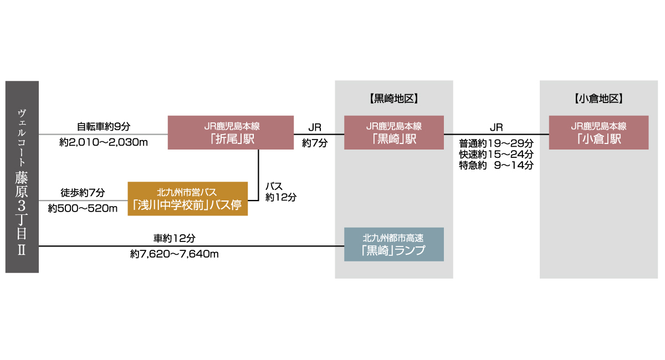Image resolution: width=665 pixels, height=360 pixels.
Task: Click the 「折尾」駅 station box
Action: [230, 132]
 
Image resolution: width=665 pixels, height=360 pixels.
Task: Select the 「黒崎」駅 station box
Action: [393, 132]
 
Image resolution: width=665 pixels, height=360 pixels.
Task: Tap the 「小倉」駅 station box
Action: [598, 132]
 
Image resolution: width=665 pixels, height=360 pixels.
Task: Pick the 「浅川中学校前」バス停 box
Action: [187, 199]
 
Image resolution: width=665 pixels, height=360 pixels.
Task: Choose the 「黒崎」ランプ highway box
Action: [393, 244]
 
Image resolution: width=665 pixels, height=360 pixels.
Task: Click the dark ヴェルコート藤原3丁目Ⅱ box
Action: [22, 177]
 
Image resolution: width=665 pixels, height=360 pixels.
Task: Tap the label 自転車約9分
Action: [104, 126]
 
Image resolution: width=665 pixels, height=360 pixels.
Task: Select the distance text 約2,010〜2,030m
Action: [104, 143]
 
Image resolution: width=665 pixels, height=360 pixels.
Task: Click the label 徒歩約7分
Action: [83, 193]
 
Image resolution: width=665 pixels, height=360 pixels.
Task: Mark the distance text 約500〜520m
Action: [83, 209]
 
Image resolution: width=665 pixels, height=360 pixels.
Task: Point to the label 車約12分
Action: [175, 238]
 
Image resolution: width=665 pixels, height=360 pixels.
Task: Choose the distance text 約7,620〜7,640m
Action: [175, 254]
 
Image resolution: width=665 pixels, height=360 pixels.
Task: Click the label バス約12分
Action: [280, 191]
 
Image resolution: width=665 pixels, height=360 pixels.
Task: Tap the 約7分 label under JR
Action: [314, 143]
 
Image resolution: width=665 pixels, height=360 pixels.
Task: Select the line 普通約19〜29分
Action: [496, 142]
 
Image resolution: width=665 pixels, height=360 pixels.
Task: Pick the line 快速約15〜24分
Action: [496, 153]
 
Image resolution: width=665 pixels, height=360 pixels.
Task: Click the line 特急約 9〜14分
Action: [496, 164]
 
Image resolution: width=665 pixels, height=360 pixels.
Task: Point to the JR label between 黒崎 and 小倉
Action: [496, 127]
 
